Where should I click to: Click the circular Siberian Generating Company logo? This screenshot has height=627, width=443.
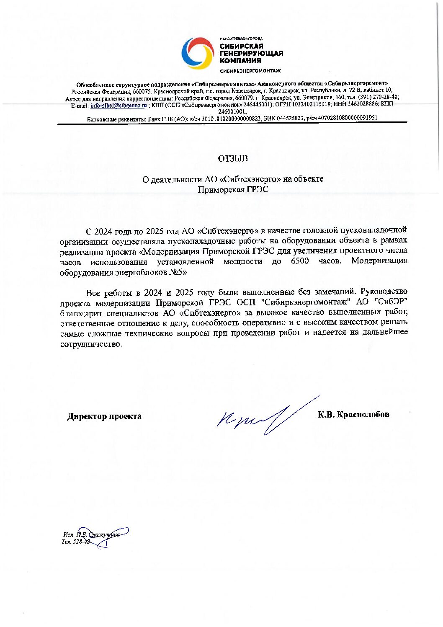click(198, 53)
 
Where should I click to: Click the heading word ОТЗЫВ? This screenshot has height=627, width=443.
click(232, 158)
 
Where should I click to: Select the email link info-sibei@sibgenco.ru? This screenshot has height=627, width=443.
click(118, 106)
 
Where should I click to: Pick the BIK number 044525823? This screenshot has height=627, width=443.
click(283, 118)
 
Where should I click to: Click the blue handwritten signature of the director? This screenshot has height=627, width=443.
click(264, 417)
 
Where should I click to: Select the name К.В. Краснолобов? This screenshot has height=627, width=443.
click(353, 414)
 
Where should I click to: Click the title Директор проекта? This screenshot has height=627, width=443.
click(104, 416)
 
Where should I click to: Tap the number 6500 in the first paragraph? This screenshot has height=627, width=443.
click(300, 261)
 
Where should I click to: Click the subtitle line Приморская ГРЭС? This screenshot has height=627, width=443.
click(233, 190)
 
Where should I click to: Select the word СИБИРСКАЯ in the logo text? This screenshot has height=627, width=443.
click(241, 46)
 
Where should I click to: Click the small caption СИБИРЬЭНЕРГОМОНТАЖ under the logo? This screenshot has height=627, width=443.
click(250, 71)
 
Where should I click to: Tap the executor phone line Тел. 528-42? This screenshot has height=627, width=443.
click(75, 542)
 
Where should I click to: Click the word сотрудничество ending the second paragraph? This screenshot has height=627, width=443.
click(90, 344)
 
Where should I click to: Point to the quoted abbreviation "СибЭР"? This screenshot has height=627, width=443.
click(391, 302)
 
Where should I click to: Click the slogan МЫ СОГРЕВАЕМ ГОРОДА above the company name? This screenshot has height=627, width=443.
click(241, 39)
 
